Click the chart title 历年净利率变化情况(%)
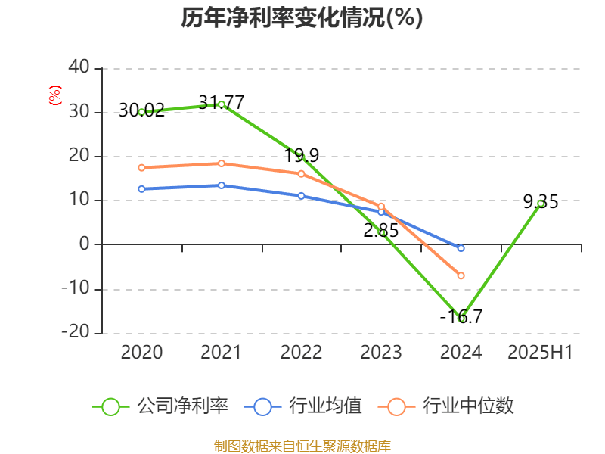click(302, 17)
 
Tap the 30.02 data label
click(141, 111)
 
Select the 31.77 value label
click(221, 101)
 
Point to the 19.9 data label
click(302, 156)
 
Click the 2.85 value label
click(380, 231)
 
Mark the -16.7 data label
click(461, 317)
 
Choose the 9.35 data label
click(541, 202)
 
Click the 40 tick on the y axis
click(79, 68)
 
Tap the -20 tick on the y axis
click(76, 333)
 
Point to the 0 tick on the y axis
click(84, 244)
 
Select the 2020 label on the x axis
click(141, 352)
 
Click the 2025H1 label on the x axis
click(540, 352)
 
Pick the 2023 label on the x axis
click(380, 352)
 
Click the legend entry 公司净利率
click(181, 406)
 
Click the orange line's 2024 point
click(461, 275)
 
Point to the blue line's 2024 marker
click(461, 248)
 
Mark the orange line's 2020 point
click(141, 167)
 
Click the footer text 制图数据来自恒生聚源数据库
click(302, 446)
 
